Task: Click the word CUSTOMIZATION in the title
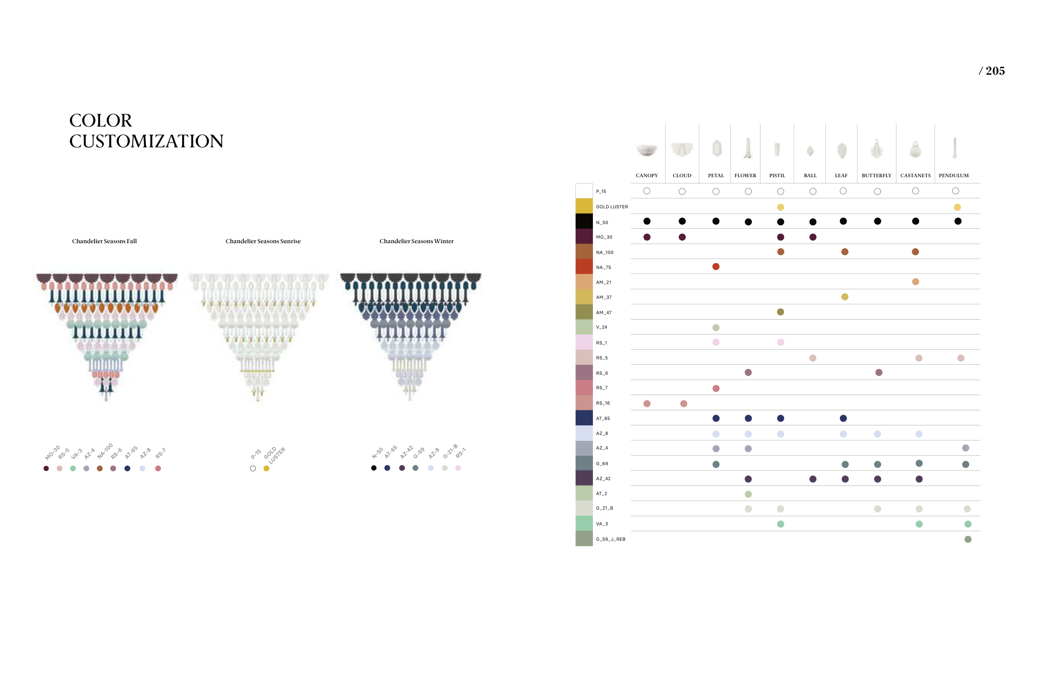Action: [146, 141]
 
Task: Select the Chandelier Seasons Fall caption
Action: [104, 241]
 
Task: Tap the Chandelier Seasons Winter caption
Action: [416, 241]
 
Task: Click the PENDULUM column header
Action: [954, 176]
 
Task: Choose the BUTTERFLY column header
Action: [876, 176]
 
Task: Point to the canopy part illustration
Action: [647, 150]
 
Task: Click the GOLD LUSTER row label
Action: [612, 207]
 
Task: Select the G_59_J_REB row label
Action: [611, 539]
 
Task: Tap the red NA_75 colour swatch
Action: [584, 266]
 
